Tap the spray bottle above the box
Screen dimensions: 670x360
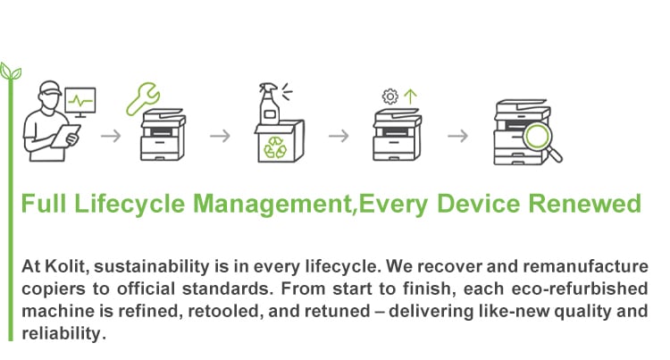pyautogui.click(x=269, y=104)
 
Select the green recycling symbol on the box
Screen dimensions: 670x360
pyautogui.click(x=275, y=147)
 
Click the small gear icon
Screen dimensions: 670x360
pyautogui.click(x=389, y=96)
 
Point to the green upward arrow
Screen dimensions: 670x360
pyautogui.click(x=410, y=96)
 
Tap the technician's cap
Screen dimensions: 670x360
pyautogui.click(x=50, y=88)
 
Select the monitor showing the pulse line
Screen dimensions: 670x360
pyautogui.click(x=80, y=103)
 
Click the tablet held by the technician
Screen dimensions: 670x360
pyautogui.click(x=65, y=136)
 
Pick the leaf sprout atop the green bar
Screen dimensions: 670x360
pyautogui.click(x=11, y=71)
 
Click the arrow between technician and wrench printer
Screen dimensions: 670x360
pyautogui.click(x=111, y=136)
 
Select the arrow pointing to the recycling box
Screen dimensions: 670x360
pyautogui.click(x=220, y=136)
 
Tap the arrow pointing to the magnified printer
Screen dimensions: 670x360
pyautogui.click(x=457, y=136)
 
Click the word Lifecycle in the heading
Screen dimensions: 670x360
pyautogui.click(x=130, y=205)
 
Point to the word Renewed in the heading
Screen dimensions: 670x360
pyautogui.click(x=585, y=204)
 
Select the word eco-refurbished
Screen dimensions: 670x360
pyautogui.click(x=580, y=289)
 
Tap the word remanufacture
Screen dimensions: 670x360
pyautogui.click(x=585, y=266)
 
